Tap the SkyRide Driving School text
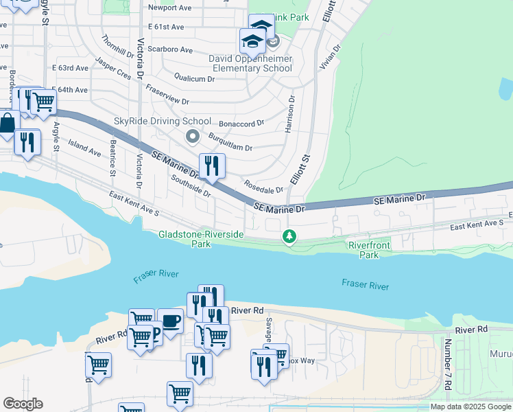click(x=163, y=122)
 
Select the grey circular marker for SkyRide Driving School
click(x=193, y=137)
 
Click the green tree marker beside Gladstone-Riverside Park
click(x=290, y=238)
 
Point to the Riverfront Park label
click(x=369, y=249)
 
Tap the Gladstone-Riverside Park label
click(x=201, y=239)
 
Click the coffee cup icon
click(x=170, y=321)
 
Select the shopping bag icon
click(x=7, y=124)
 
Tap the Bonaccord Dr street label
click(x=241, y=124)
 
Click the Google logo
click(x=23, y=404)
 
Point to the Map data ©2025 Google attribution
click(x=471, y=407)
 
